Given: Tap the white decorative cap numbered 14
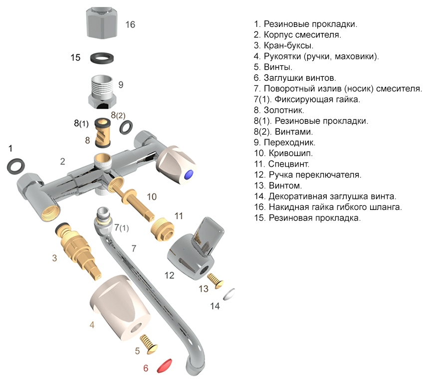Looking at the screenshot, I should click(230, 294).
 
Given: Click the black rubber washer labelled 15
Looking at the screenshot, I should click(102, 58).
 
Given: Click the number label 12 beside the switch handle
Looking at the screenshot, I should click(169, 275).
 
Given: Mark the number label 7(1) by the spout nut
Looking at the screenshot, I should click(121, 228).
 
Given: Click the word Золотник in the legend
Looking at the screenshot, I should click(286, 110).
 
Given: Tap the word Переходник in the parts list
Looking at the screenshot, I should click(291, 143).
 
